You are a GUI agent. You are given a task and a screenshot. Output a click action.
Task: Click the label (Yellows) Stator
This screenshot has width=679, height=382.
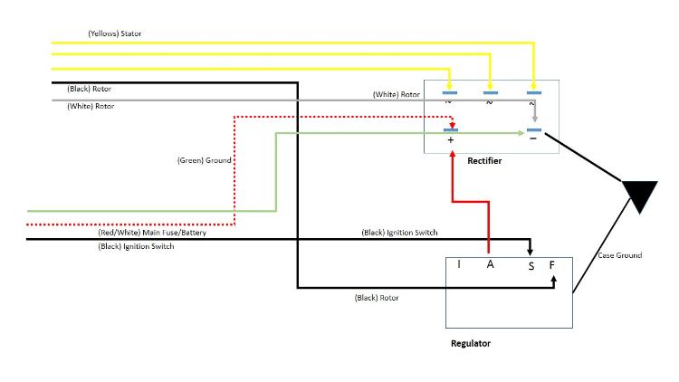pos(114,33)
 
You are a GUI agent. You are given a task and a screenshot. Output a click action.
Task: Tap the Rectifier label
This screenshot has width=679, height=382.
pos(484,161)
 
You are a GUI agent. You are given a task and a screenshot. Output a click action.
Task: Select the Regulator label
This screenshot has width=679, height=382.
pos(471,344)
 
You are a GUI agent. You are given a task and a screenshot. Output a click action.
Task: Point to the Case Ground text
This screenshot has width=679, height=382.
pos(620,255)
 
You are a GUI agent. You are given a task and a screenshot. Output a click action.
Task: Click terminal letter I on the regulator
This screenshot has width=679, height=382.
pos(459,264)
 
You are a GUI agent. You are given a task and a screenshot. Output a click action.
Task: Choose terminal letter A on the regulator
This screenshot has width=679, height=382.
pos(490,264)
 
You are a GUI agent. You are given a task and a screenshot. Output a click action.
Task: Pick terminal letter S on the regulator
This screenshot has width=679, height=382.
pos(531,265)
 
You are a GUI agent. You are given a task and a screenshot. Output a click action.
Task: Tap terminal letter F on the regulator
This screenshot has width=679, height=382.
pos(552,265)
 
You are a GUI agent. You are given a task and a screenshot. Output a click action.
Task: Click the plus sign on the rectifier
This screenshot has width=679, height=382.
pos(450,141)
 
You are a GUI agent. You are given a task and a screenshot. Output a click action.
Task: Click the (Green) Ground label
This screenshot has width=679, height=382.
pos(204,160)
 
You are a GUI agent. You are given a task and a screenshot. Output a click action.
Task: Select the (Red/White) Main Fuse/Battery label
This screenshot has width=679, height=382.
pos(151,233)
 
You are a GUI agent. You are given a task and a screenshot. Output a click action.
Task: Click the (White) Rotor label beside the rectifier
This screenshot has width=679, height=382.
pos(397,94)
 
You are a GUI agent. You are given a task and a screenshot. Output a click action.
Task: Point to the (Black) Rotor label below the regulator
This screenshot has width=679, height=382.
pos(377,297)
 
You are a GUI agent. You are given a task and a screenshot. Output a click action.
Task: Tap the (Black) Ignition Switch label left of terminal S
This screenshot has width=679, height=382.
pos(399,233)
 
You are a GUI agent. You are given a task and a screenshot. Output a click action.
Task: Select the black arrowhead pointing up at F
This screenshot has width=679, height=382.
pos(552,280)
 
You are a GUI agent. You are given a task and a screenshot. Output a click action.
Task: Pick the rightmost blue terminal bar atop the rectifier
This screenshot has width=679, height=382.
pos(534,92)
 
